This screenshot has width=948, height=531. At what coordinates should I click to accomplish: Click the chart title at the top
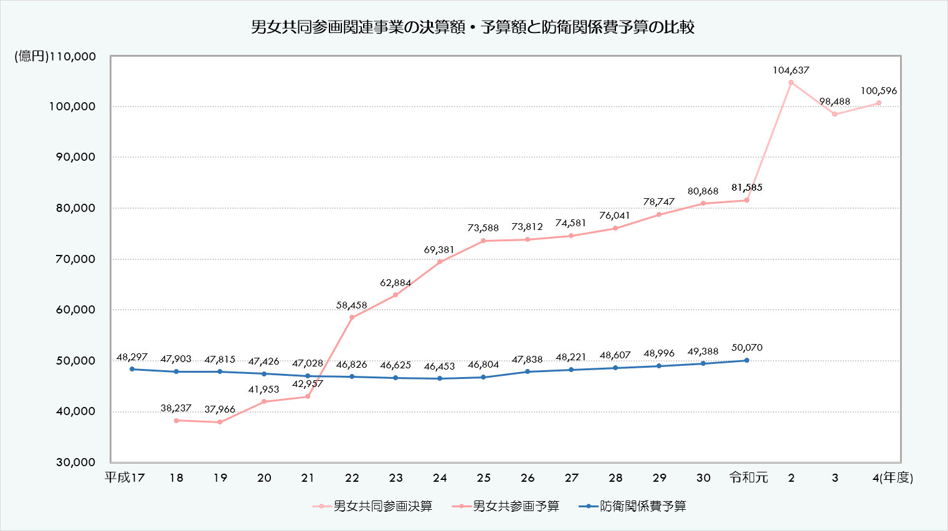(x=473, y=27)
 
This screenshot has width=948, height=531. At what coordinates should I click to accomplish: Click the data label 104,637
(x=791, y=70)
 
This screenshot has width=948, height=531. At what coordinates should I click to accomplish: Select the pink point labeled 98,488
(x=835, y=114)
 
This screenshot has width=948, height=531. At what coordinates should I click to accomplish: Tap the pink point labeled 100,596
(x=879, y=103)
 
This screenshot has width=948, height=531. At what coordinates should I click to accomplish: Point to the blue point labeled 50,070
(x=747, y=360)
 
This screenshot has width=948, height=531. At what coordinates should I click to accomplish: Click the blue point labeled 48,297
(x=132, y=369)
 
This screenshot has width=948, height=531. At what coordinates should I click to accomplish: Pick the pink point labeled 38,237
(x=176, y=421)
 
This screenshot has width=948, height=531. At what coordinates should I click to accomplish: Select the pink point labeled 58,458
(x=352, y=317)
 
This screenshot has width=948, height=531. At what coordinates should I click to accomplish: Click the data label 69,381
(x=439, y=250)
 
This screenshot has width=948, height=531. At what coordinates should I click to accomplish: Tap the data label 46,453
(x=439, y=366)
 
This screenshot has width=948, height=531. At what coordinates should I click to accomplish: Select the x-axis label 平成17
(x=125, y=478)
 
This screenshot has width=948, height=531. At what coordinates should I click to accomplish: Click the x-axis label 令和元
(x=749, y=478)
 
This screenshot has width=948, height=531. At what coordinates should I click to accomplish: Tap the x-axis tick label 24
(x=440, y=478)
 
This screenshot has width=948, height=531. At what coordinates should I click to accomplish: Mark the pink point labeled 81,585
(x=747, y=200)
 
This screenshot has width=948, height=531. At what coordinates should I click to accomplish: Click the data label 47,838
(x=527, y=360)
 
